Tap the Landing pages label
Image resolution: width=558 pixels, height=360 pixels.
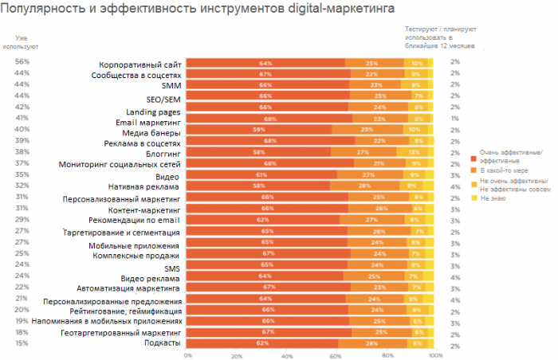[154, 112]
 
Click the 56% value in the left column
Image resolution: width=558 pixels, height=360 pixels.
[22, 62]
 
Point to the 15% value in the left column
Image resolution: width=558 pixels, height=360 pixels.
[22, 343]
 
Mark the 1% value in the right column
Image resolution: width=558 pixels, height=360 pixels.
[454, 118]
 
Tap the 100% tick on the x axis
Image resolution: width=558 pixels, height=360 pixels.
[434, 355]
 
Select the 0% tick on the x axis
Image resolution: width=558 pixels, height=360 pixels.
[188, 355]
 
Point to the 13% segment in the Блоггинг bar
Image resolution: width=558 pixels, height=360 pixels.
[414, 151]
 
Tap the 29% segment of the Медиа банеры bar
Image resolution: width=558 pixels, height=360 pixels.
[366, 128]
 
